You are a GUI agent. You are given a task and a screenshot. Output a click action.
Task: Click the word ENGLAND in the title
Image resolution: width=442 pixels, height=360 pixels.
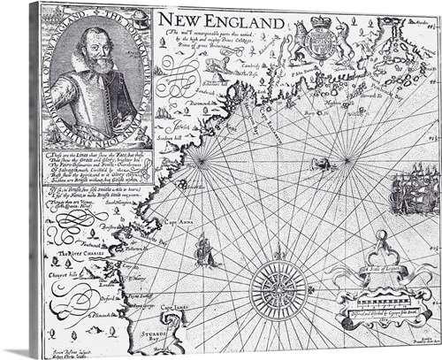coord(247,20)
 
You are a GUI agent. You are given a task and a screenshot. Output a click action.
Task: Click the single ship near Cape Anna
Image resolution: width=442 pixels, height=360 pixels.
coord(205,250)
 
